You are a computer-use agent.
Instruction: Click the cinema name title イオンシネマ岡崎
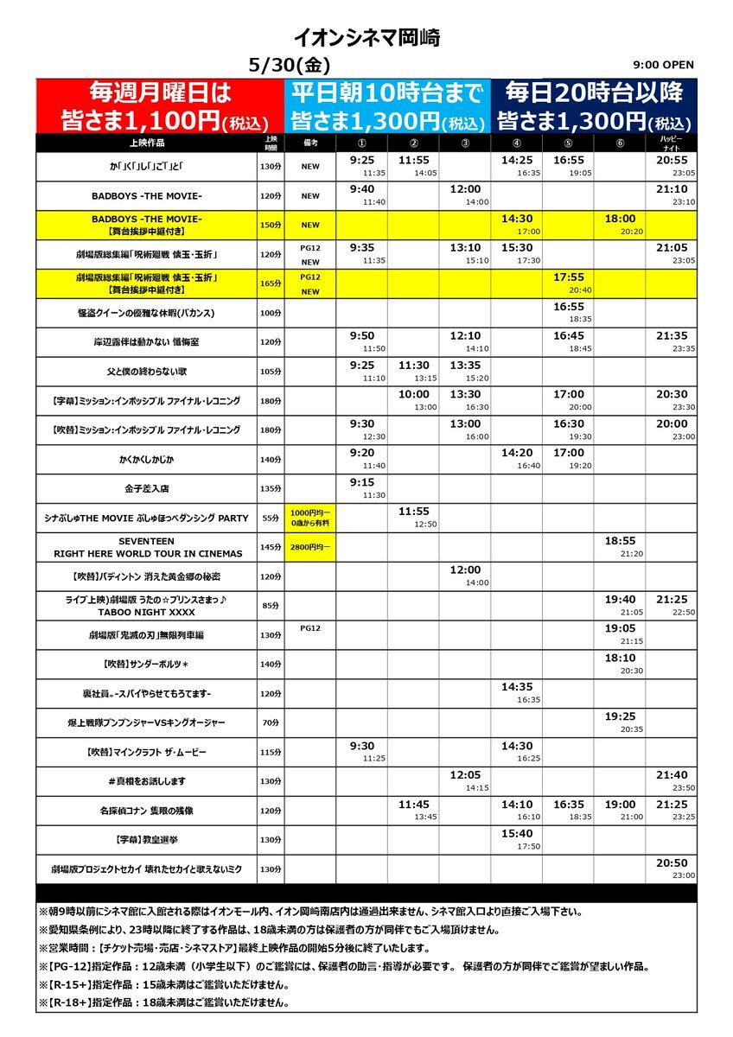click(366, 37)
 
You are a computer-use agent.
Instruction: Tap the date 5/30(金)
click(289, 66)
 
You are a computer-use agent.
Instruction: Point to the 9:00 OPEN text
click(663, 65)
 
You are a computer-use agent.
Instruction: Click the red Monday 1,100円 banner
click(160, 105)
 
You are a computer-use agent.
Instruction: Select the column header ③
click(465, 143)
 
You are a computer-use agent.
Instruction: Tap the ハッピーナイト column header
click(671, 143)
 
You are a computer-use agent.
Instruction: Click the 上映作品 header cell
click(146, 143)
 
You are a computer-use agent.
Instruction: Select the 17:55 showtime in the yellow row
click(569, 278)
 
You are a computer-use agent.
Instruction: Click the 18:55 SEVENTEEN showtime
click(621, 542)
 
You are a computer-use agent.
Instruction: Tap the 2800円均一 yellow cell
click(310, 548)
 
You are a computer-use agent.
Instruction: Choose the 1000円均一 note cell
click(310, 518)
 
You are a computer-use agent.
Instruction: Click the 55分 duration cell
click(271, 518)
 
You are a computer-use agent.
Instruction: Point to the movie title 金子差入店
click(146, 489)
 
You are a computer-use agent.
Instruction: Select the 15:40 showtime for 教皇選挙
click(517, 835)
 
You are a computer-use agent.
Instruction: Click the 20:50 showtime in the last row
click(672, 864)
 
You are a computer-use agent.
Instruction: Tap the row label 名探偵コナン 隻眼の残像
click(146, 811)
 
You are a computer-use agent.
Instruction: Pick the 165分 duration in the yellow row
click(271, 283)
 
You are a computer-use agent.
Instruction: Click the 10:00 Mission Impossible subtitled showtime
click(413, 396)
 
